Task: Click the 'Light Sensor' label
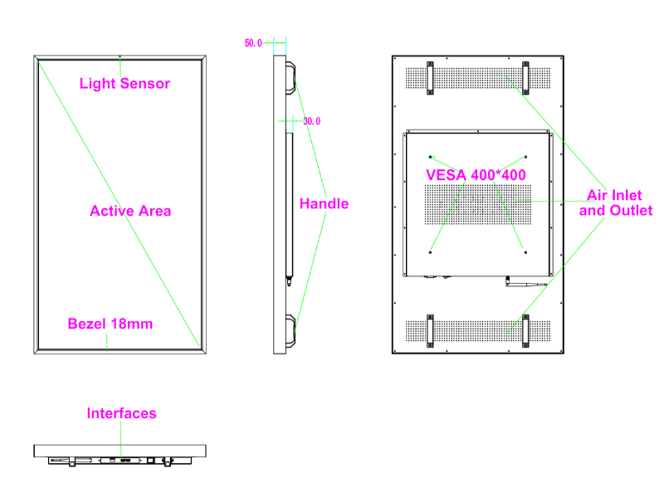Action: (124, 83)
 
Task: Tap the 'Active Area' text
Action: (130, 211)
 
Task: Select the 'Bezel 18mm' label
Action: (110, 324)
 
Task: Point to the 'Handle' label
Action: (324, 203)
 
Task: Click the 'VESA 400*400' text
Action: (476, 175)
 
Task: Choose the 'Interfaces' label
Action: (121, 413)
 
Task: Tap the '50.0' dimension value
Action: (253, 43)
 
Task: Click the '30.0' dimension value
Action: (311, 121)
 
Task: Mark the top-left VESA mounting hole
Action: (430, 156)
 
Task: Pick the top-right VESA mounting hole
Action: (526, 156)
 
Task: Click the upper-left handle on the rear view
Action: (430, 77)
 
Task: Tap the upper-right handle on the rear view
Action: (526, 77)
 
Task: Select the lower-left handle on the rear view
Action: (430, 330)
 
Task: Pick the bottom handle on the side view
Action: (291, 330)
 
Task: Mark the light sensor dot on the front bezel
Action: (120, 58)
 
